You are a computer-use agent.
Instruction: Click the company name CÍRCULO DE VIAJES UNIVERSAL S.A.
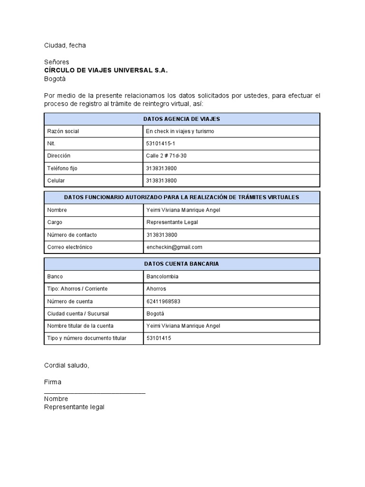point(106,70)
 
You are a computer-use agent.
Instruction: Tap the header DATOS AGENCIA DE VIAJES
point(182,119)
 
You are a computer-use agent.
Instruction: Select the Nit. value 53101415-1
point(162,143)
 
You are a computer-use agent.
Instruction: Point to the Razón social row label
point(63,131)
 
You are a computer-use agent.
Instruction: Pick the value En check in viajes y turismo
point(180,131)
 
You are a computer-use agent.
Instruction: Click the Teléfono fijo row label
point(62,168)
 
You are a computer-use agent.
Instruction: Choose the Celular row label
point(56,181)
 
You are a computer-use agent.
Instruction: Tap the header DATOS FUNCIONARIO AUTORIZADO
point(182,197)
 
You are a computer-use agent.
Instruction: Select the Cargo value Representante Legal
point(172,222)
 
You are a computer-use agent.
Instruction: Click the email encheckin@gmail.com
point(174,247)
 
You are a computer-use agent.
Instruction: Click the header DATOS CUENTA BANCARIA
point(182,264)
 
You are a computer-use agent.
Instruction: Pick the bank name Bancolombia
point(163,276)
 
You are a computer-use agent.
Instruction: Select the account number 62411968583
point(163,301)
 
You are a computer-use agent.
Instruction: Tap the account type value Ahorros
point(156,289)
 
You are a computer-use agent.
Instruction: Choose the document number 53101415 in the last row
point(158,338)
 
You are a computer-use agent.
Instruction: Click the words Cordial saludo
point(67,365)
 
